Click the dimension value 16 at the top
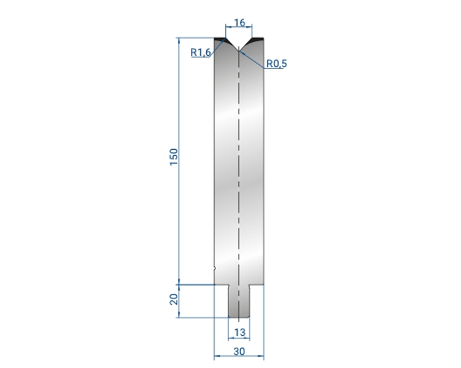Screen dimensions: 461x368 point(239,22)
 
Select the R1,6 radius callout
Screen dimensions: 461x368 point(200,52)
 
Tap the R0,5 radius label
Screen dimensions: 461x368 point(277,63)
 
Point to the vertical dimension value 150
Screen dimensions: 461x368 point(174,157)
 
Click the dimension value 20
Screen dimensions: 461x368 point(174,300)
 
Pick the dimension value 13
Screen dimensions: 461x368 point(239,333)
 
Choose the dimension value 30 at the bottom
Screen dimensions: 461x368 point(239,352)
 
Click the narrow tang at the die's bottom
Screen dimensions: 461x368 point(239,301)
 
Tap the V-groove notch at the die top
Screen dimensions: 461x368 point(238,44)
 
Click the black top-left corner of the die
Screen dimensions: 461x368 point(219,39)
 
